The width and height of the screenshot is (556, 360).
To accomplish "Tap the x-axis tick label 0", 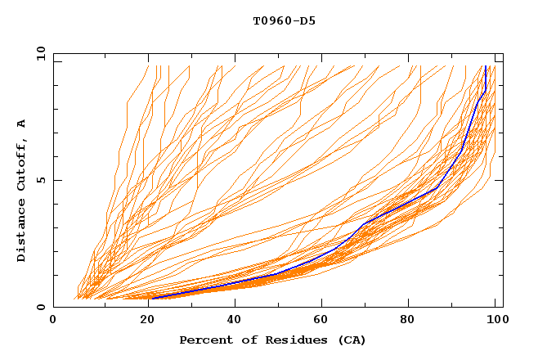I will pos(54,322).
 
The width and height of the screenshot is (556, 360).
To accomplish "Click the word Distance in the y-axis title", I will pos(22,233).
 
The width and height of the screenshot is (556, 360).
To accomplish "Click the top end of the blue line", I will pos(486,66).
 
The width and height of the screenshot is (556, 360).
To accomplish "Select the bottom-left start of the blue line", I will pos(152,298).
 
